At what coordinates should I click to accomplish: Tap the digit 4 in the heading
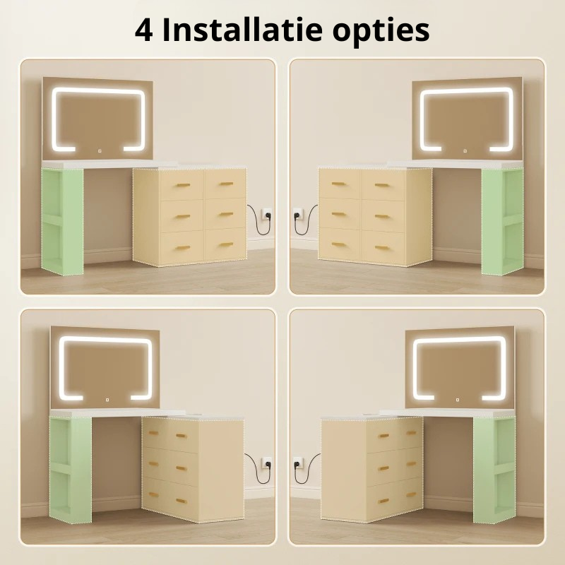(x=143, y=30)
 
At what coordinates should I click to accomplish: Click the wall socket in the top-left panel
(x=266, y=214)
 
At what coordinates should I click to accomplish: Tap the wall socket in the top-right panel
(x=299, y=214)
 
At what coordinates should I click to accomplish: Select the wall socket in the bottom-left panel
(x=266, y=463)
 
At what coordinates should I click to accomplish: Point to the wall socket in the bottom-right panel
(x=299, y=463)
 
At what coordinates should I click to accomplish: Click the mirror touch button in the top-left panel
(x=100, y=151)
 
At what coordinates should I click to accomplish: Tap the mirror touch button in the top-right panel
(x=465, y=150)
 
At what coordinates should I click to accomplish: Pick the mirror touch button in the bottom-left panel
(x=107, y=400)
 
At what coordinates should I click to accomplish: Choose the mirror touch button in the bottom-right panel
(x=458, y=399)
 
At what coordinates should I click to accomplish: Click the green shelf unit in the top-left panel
(x=62, y=221)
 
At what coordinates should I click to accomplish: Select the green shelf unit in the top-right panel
(x=502, y=221)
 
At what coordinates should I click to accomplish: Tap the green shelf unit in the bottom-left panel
(x=70, y=469)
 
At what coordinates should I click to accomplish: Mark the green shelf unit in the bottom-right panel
(x=494, y=469)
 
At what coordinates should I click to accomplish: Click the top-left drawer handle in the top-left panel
(x=183, y=186)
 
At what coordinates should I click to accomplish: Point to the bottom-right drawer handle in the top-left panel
(x=227, y=245)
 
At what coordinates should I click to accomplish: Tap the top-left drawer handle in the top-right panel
(x=338, y=184)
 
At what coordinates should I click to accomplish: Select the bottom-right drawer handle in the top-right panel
(x=382, y=248)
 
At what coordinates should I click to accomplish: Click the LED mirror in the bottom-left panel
(x=105, y=368)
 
